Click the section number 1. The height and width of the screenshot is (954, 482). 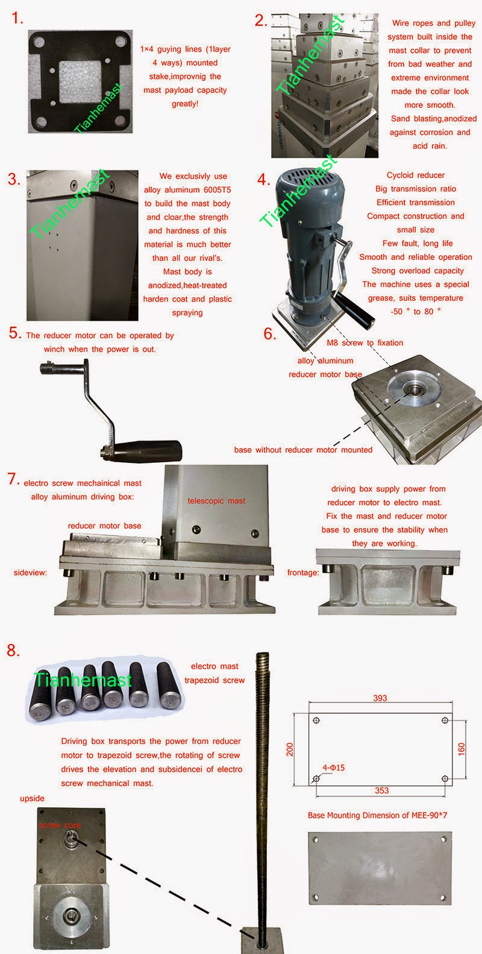17,19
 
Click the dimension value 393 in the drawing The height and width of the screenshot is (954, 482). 380,698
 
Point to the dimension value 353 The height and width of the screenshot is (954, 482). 381,790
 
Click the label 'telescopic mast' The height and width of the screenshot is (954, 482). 216,501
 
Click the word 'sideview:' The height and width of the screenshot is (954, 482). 30,572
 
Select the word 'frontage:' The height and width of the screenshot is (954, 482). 303,572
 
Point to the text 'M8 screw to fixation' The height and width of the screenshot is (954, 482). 365,342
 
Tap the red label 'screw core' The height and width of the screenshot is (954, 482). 60,825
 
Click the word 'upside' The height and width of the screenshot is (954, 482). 32,798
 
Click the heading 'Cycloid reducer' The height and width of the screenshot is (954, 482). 416,175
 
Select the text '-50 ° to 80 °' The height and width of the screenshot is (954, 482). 416,311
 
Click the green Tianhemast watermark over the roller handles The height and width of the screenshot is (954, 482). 83,680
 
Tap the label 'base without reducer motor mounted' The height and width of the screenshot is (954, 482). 303,450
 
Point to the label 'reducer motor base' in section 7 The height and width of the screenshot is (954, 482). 104,525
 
